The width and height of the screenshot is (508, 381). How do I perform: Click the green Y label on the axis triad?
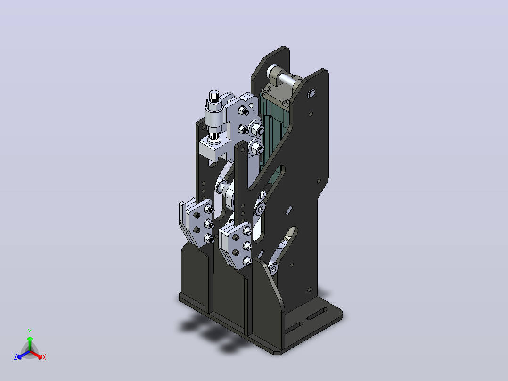point(30,331)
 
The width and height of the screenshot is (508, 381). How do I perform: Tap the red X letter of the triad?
point(44,357)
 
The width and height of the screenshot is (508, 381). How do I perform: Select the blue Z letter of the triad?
point(16,357)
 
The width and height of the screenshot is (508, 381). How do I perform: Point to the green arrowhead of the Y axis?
point(30,339)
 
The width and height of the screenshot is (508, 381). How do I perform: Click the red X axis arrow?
point(36,354)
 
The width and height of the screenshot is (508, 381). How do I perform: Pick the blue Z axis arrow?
point(24,355)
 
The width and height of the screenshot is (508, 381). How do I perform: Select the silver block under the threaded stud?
point(214,149)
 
